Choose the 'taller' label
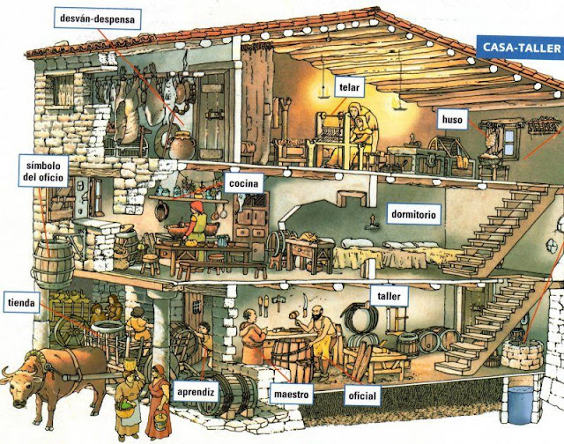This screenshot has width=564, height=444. tap(388, 296)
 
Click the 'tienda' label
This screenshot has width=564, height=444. tap(20, 303)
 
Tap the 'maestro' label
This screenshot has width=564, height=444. tap(290, 396)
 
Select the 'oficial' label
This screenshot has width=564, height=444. tap(361, 396)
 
